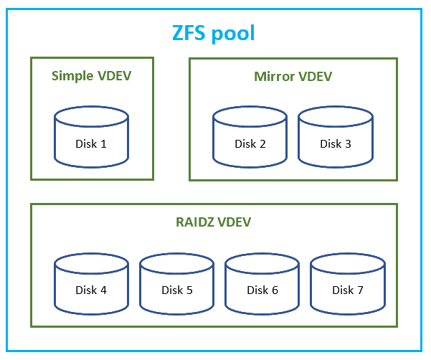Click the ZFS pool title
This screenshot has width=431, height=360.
coord(214,33)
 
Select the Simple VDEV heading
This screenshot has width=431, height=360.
coord(92,75)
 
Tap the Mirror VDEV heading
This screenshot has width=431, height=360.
coord(293,76)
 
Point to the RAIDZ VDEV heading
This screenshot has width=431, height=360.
coord(213,222)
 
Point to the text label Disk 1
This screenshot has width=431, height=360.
coord(91,143)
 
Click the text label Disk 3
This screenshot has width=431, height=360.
coord(336,143)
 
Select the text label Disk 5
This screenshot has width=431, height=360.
coord(176,290)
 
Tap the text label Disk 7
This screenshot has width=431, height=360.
coord(347,290)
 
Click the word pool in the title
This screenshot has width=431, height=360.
coord(234,34)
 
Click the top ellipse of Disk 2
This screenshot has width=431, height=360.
coord(250,118)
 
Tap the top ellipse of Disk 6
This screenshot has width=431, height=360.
coord(262,265)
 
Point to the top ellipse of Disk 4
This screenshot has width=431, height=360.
coord(91,265)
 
